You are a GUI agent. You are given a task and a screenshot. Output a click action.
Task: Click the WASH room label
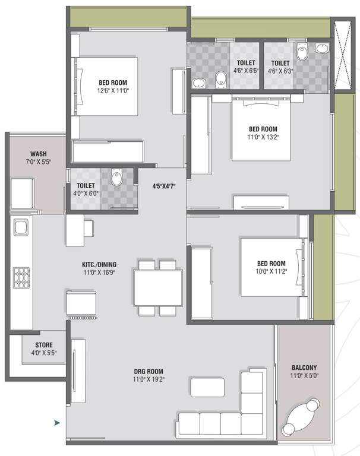tap(39, 154)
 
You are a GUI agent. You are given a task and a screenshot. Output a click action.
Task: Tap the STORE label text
tap(44, 345)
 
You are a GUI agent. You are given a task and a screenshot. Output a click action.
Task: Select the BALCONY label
tap(304, 368)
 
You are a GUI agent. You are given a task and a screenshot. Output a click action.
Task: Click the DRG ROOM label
tap(149, 371)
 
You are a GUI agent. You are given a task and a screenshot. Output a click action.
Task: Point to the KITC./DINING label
tap(99, 265)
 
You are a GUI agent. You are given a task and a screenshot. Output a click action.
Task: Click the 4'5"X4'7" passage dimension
tap(164, 186)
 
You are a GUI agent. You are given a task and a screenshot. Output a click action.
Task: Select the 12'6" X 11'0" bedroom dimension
tap(113, 90)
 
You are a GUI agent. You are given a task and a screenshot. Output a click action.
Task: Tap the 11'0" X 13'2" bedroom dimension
tap(263, 137)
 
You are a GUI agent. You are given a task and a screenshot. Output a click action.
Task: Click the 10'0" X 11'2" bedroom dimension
tap(271, 271)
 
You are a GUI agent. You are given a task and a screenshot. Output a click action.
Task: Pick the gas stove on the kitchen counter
tap(21, 278)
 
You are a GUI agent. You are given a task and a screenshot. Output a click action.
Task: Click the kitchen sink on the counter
tap(21, 227)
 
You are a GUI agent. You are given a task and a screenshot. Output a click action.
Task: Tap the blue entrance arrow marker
tap(57, 423)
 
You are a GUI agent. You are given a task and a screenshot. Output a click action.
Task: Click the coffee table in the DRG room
tap(207, 387)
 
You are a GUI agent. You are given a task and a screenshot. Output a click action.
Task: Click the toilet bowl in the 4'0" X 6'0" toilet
tap(117, 177)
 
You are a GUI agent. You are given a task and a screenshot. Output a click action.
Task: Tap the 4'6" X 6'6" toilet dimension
tap(246, 71)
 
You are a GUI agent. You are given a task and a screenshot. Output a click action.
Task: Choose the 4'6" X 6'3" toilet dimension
tap(280, 71)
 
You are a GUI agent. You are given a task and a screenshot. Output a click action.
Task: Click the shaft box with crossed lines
tap(343, 55)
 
